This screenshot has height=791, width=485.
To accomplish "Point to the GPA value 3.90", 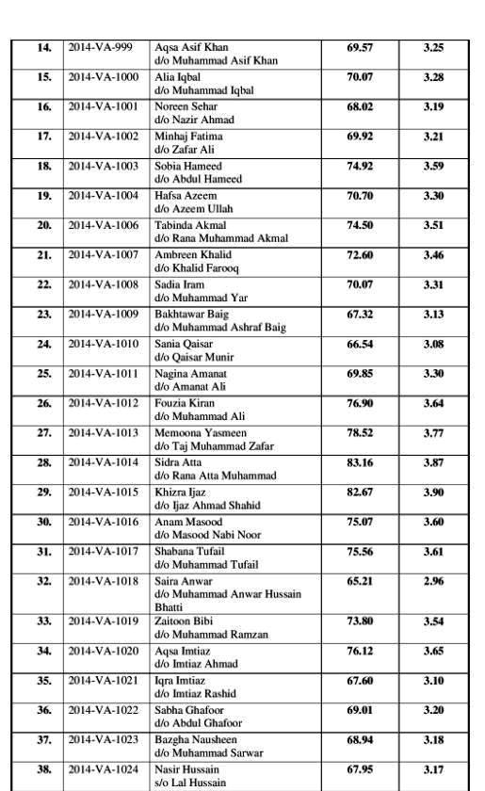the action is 433,492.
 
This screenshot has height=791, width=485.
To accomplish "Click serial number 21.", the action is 44,255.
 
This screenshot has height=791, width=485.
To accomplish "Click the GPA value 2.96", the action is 433,582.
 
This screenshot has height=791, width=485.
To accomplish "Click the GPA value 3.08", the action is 433,344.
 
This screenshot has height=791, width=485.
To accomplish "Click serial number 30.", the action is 44,522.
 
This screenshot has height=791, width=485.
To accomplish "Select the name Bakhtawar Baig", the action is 194,314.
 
